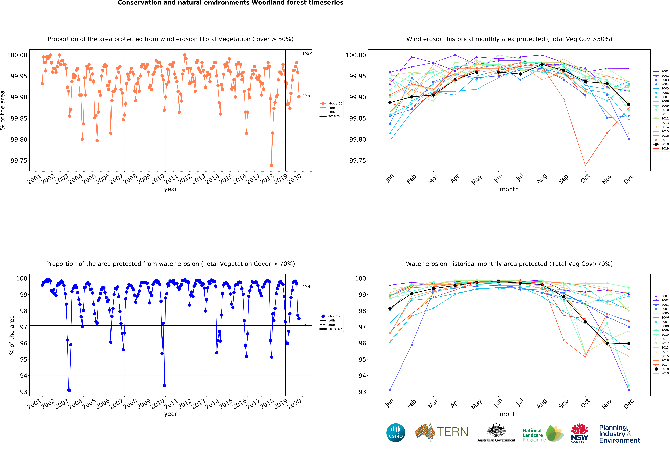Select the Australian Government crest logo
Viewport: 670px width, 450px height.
pos(496,432)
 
